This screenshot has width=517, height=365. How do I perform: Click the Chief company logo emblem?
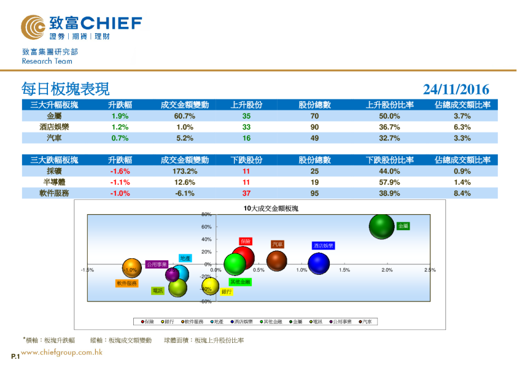coord(33,27)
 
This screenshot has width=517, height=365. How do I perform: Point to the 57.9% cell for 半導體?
coord(390,182)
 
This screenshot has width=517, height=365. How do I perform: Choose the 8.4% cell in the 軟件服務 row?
coord(462,193)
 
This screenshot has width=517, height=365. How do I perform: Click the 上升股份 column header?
coord(246,105)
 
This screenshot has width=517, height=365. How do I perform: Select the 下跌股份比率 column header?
coord(390,160)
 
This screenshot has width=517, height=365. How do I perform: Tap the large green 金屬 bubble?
coord(381,227)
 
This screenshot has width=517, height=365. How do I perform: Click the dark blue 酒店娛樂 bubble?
coord(319,264)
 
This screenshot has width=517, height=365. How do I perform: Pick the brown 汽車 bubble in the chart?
coord(277,261)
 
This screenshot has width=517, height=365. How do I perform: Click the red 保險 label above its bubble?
coord(245,241)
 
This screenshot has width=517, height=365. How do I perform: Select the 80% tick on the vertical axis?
coord(206,215)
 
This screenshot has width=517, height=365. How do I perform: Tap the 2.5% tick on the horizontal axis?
coord(429,270)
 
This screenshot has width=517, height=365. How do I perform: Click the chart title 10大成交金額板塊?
coord(270,209)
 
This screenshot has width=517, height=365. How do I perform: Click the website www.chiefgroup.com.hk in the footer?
coord(61,352)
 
